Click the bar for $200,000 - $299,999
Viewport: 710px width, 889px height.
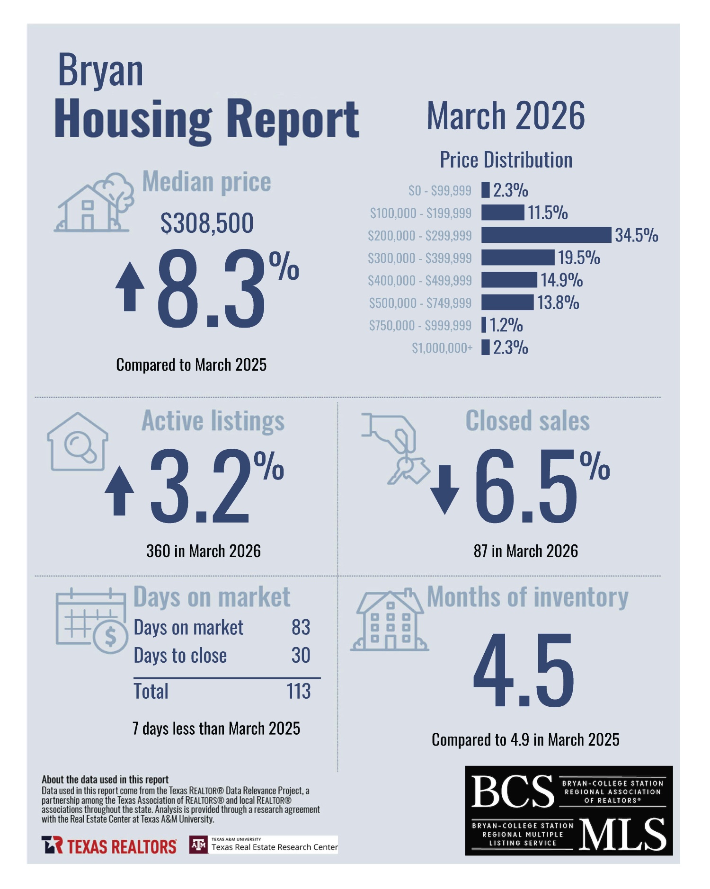point(546,235)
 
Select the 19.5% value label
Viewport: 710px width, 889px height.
point(578,258)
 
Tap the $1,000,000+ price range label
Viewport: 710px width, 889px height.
point(442,348)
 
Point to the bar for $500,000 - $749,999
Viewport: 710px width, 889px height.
point(507,302)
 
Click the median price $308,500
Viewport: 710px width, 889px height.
point(207,223)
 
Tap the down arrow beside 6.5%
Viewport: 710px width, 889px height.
point(444,489)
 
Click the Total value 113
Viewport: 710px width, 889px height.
point(298,692)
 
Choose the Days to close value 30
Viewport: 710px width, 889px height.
point(301,656)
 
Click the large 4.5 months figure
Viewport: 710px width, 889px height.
point(524,671)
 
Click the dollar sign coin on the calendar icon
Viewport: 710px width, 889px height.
point(111,637)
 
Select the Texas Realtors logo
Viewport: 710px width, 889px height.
point(109,845)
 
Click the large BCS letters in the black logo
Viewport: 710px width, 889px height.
point(513,791)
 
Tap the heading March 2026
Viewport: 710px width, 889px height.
point(506,116)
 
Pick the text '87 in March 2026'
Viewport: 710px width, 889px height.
point(525,551)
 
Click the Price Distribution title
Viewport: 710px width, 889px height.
point(506,160)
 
